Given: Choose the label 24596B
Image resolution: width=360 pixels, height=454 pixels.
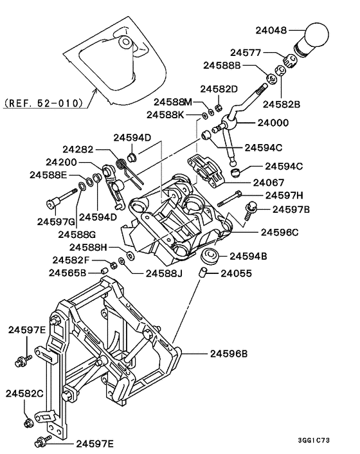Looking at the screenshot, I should tap(230, 353).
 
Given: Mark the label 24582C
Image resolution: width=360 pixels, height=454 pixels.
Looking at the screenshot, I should tap(24, 393).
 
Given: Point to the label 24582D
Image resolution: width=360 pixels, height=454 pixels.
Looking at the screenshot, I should tap(219, 88).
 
